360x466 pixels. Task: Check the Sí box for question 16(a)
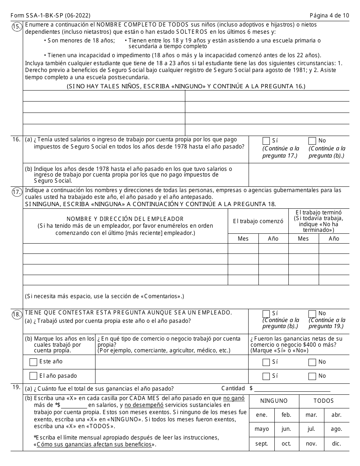pyautogui.click(x=266, y=141)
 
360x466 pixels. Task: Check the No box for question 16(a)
pyautogui.click(x=312, y=141)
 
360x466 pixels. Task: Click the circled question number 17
pyautogui.click(x=16, y=192)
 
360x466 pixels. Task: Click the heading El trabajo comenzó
pyautogui.click(x=258, y=221)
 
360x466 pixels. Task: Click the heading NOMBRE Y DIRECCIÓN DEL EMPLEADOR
pyautogui.click(x=125, y=219)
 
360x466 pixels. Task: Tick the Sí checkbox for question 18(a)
pyautogui.click(x=266, y=314)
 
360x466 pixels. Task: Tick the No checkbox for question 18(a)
pyautogui.click(x=312, y=314)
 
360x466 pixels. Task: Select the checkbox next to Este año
pyautogui.click(x=33, y=362)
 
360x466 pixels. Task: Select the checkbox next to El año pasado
pyautogui.click(x=33, y=376)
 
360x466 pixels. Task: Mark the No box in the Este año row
pyautogui.click(x=312, y=362)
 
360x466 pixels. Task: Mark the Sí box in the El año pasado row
pyautogui.click(x=266, y=376)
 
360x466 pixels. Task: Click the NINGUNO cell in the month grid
pyautogui.click(x=274, y=401)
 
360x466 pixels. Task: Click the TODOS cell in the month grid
pyautogui.click(x=324, y=401)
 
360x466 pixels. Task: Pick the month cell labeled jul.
pyautogui.click(x=311, y=429)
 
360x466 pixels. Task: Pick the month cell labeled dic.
pyautogui.click(x=337, y=444)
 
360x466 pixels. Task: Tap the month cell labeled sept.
pyautogui.click(x=261, y=444)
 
